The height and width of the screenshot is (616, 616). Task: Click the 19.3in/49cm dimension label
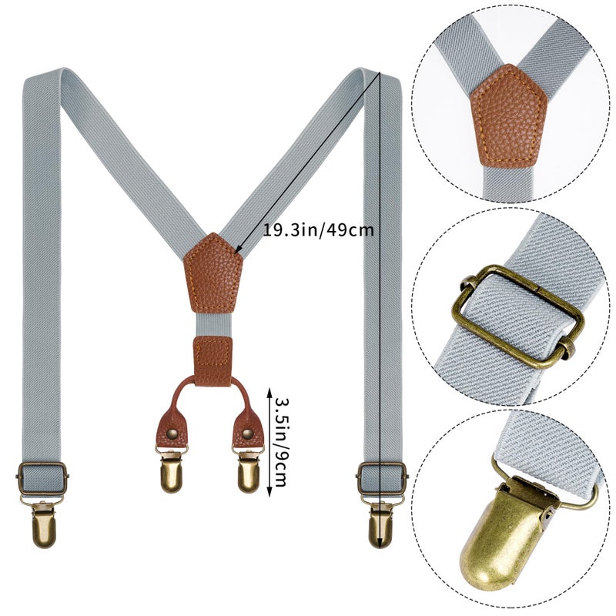pos(318,230)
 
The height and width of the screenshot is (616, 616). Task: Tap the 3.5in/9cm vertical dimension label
pos(282,443)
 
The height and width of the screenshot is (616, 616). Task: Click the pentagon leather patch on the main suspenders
pos(213,272)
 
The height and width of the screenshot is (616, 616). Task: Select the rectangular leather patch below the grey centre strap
pos(213,361)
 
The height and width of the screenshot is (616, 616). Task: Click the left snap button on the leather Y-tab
pos(172,434)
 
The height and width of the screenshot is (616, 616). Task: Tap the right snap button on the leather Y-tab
pos(247,434)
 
